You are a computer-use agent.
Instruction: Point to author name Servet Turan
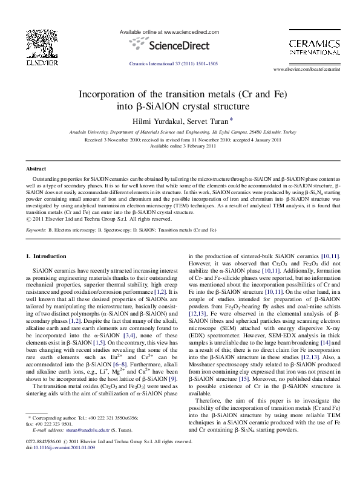coord(203,120)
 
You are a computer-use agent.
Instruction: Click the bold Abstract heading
coord(36,169)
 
